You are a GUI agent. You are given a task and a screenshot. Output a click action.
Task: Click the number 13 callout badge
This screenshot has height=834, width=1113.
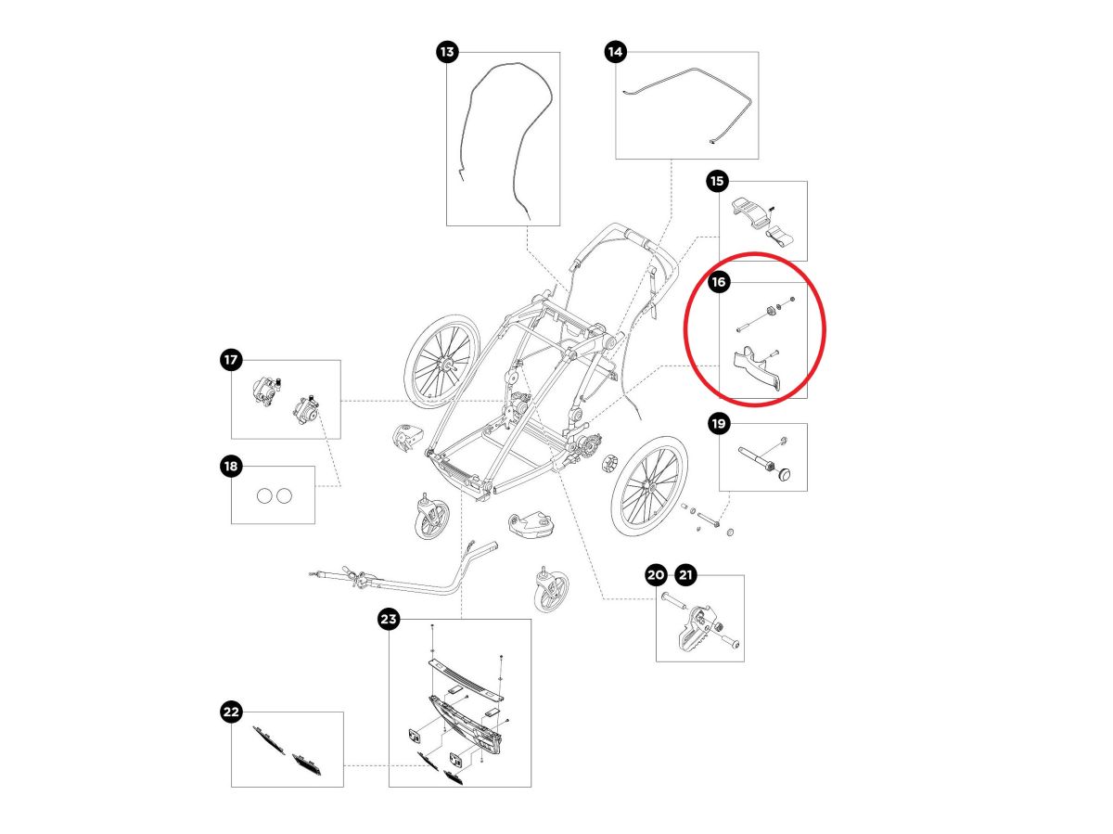pyautogui.click(x=447, y=52)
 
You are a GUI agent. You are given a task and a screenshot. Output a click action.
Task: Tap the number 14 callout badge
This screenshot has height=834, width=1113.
pyautogui.click(x=615, y=52)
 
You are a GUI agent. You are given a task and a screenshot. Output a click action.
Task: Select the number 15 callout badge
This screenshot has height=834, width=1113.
pyautogui.click(x=717, y=181)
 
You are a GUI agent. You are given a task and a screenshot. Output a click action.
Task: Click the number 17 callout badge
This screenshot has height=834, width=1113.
pyautogui.click(x=230, y=359)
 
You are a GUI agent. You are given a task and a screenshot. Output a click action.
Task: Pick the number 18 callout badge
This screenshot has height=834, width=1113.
pyautogui.click(x=230, y=466)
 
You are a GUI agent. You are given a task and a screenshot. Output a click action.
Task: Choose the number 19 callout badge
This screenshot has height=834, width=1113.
pyautogui.click(x=719, y=424)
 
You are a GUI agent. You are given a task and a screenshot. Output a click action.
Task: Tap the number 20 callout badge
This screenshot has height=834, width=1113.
pyautogui.click(x=656, y=575)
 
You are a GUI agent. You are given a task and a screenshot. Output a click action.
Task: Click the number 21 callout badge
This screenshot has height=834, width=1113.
pyautogui.click(x=685, y=575)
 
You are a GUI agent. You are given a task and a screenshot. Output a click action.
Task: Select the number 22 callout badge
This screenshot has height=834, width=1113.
pyautogui.click(x=230, y=712)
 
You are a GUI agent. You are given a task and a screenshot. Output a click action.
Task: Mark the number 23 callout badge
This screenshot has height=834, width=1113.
pyautogui.click(x=389, y=619)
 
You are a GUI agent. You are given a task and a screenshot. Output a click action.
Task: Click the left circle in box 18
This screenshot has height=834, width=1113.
pyautogui.click(x=263, y=495)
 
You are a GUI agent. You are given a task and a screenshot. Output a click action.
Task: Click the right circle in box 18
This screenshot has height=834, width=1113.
pyautogui.click(x=284, y=495)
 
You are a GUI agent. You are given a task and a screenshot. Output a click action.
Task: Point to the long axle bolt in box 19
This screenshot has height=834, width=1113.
pyautogui.click(x=756, y=459)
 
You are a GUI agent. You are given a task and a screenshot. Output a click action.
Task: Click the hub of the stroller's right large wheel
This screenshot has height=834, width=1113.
pyautogui.click(x=649, y=486)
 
